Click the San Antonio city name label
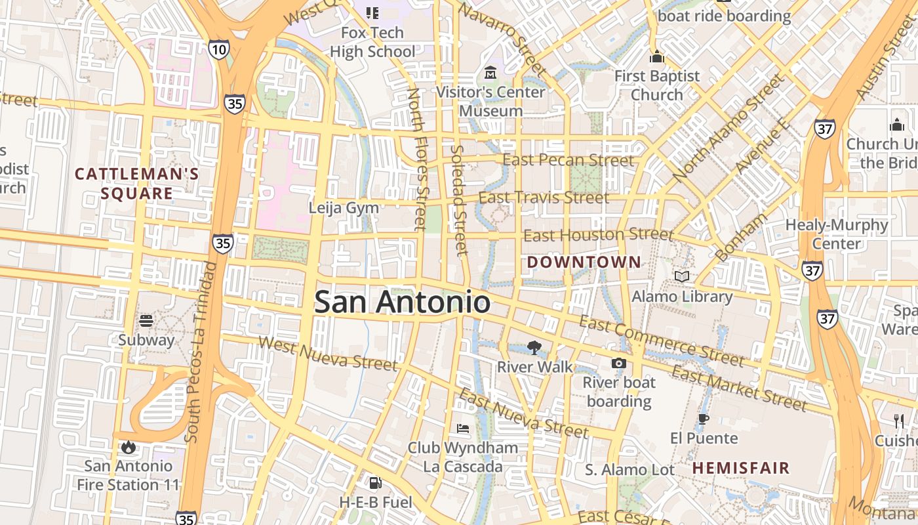pyautogui.click(x=402, y=303)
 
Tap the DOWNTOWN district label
pyautogui.click(x=584, y=262)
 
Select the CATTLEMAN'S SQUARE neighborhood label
pyautogui.click(x=136, y=184)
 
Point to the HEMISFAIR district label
pyautogui.click(x=742, y=468)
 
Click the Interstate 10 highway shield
pyautogui.click(x=220, y=49)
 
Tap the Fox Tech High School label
pyautogui.click(x=372, y=42)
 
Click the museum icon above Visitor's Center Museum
pyautogui.click(x=490, y=72)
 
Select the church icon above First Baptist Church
pyautogui.click(x=657, y=57)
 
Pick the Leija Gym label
pyautogui.click(x=344, y=208)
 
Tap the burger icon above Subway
pyautogui.click(x=146, y=321)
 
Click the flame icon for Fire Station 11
pyautogui.click(x=128, y=448)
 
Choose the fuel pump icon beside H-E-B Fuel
pyautogui.click(x=375, y=484)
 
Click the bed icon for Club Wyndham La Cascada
pyautogui.click(x=463, y=429)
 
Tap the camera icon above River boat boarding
pyautogui.click(x=618, y=363)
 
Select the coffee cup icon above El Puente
pyautogui.click(x=704, y=419)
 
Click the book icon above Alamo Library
pyautogui.click(x=682, y=277)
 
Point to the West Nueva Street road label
pyautogui.click(x=328, y=352)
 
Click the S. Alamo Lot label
pyautogui.click(x=629, y=470)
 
